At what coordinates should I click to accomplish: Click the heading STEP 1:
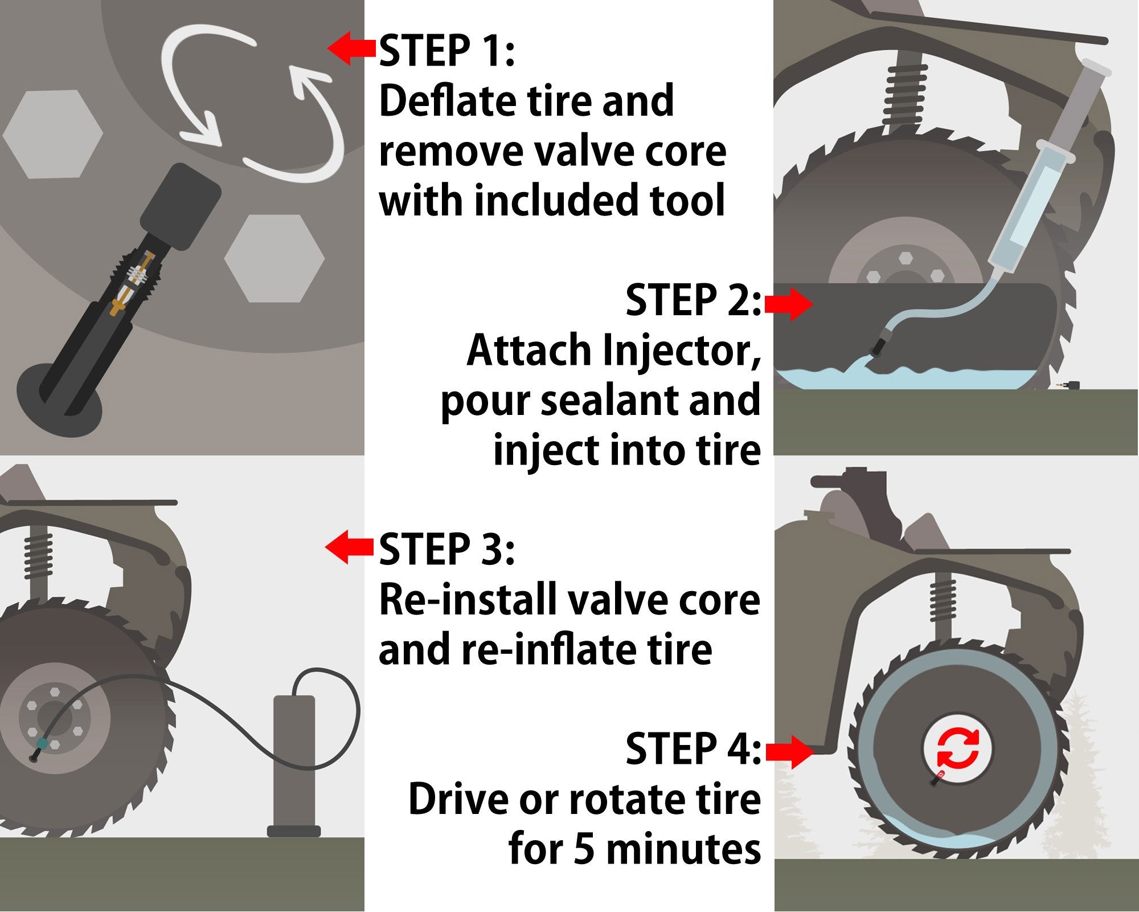tap(447, 51)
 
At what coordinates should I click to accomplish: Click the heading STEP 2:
tap(693, 300)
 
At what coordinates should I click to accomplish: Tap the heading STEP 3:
tap(447, 550)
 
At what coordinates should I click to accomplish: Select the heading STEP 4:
tap(693, 750)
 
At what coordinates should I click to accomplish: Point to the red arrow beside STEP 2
tap(789, 304)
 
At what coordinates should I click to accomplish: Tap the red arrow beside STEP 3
tap(349, 547)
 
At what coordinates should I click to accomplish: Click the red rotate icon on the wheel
tap(957, 748)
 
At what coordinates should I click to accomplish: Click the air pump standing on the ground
tap(294, 764)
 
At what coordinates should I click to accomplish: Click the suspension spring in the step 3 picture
tap(39, 556)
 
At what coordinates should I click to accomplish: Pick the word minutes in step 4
tap(683, 849)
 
